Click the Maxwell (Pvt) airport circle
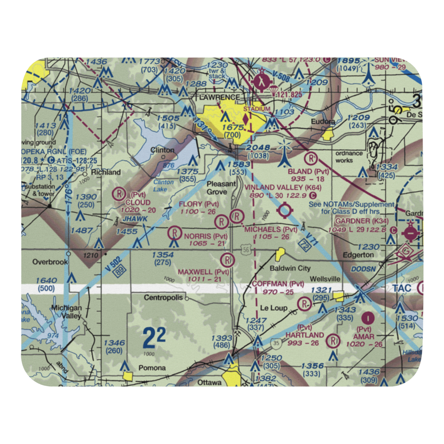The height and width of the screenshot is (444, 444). coord(227,259)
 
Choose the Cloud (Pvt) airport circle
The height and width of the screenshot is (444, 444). coord(119,193)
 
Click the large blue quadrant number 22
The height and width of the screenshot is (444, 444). coord(154,339)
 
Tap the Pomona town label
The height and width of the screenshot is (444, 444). coord(151,368)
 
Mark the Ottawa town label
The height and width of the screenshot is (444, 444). coord(209,382)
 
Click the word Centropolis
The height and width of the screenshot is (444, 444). coord(163,297)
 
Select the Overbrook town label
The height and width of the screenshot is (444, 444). coord(50,262)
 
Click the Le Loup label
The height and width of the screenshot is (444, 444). coord(274,308)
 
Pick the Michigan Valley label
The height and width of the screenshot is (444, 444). coord(66,312)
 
